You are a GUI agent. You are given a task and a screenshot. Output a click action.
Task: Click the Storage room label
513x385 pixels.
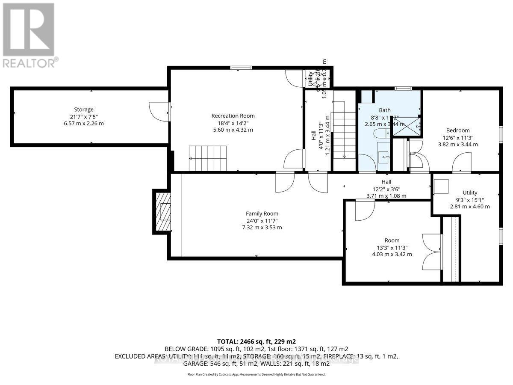(83, 110)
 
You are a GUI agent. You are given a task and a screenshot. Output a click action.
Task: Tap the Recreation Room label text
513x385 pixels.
(233, 115)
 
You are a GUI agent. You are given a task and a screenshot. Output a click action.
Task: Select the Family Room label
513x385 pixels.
(262, 213)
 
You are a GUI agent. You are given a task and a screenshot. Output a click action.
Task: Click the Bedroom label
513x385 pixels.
(458, 130)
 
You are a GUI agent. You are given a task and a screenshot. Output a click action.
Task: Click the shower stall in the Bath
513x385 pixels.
(406, 126)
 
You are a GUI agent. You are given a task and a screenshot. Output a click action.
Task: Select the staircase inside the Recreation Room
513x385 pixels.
(208, 158)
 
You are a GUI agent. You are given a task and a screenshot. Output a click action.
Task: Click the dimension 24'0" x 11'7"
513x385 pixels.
(262, 221)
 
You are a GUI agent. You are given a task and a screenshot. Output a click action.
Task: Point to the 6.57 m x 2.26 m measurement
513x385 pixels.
(83, 123)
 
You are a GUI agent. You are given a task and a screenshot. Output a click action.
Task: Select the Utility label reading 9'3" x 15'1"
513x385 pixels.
(469, 199)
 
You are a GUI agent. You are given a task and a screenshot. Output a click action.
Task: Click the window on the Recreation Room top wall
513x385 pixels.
(241, 67)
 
